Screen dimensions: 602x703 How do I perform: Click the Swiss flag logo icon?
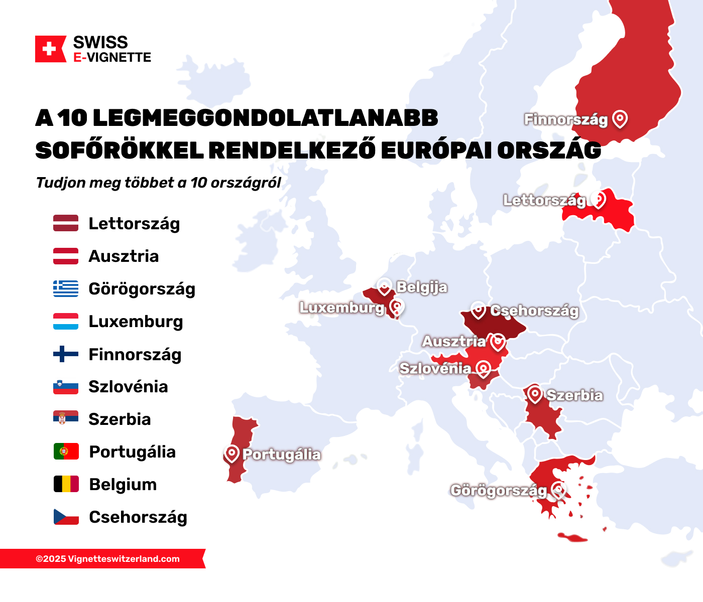point(50,49)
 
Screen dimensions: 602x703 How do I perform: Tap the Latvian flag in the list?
point(66,223)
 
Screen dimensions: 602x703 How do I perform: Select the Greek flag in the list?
point(66,288)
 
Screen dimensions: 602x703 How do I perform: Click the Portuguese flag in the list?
point(66,452)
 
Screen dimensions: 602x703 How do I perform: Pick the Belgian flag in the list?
point(66,484)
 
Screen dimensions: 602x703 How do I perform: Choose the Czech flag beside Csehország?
point(66,517)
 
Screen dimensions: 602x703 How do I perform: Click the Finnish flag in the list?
point(66,354)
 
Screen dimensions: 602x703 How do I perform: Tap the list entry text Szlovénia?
point(128,387)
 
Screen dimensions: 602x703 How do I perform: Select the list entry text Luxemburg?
point(136,322)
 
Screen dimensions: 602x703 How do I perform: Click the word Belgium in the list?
point(123,485)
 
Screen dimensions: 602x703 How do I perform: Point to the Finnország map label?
point(566,119)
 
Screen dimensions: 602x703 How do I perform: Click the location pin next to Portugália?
point(231,454)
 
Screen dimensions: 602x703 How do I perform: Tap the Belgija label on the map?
point(422,287)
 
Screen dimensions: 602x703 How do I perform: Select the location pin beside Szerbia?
point(535,394)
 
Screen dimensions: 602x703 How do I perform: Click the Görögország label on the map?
point(499,490)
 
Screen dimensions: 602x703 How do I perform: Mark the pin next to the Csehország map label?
point(478,310)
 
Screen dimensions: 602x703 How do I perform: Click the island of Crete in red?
point(572,538)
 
